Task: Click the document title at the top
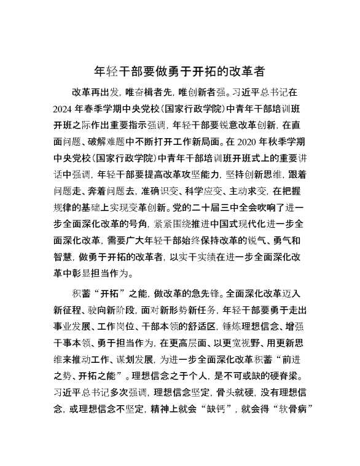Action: tap(179, 71)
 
